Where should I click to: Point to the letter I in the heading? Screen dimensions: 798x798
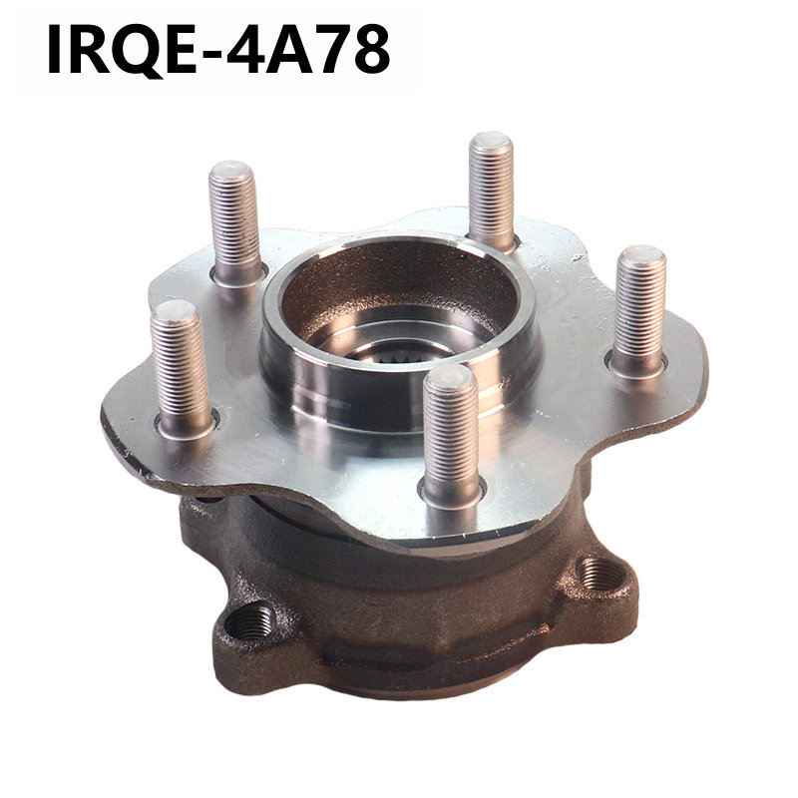54,50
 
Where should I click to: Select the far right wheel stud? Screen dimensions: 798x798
639,311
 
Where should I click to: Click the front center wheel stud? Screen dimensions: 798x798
452,435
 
